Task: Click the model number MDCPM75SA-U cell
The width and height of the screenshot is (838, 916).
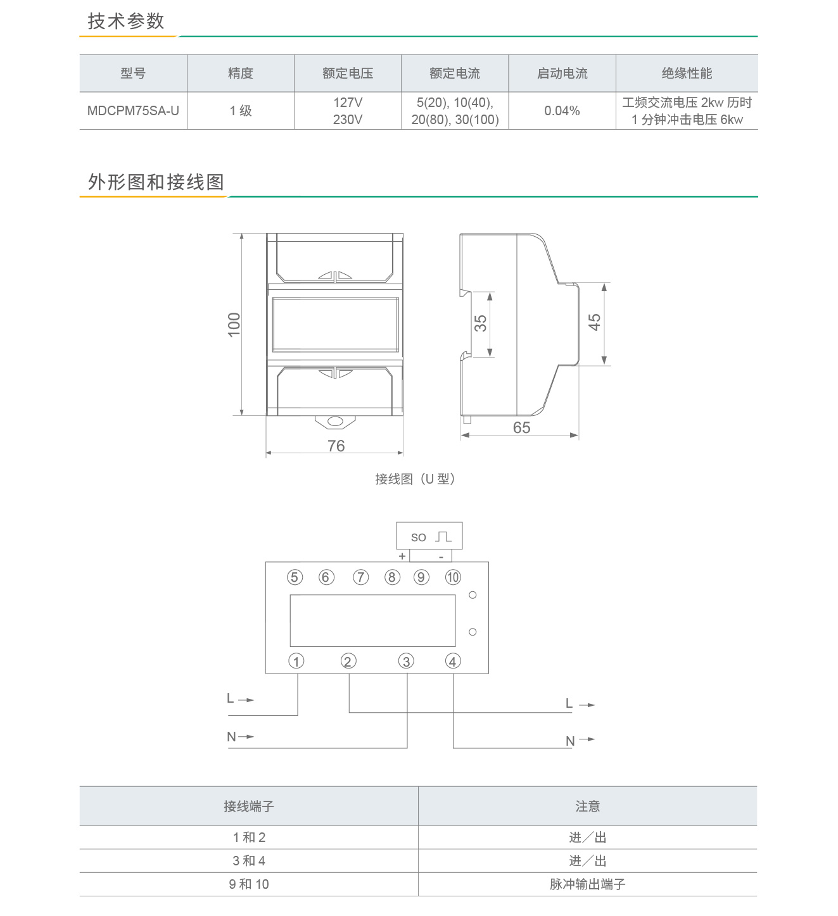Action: (x=133, y=111)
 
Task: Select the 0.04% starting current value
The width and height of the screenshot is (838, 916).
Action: (x=562, y=111)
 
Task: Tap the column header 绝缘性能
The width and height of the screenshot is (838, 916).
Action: (x=687, y=73)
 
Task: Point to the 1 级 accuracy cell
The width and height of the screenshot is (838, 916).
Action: (x=240, y=111)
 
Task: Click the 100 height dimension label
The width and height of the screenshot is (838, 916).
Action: (x=234, y=325)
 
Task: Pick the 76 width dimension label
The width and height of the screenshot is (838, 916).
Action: (x=336, y=446)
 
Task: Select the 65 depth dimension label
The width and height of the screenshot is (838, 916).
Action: (x=521, y=427)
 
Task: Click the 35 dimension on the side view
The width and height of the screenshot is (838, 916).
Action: (x=480, y=323)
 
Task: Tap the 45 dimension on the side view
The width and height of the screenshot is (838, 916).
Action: (x=594, y=322)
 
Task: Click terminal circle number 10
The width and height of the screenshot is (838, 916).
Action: (x=453, y=577)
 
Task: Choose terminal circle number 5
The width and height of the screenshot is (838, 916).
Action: (x=295, y=577)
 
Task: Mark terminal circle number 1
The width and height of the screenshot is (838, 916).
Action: (x=296, y=661)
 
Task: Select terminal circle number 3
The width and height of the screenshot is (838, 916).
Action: (x=406, y=661)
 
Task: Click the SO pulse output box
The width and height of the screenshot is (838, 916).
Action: (x=429, y=536)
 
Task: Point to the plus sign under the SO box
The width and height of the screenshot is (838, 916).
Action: (x=402, y=556)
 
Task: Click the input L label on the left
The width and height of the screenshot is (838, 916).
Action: (x=231, y=698)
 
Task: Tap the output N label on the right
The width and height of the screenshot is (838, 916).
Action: (x=570, y=741)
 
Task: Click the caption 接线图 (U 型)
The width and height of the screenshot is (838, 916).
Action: (x=415, y=479)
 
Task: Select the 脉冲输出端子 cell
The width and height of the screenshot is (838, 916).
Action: (x=587, y=884)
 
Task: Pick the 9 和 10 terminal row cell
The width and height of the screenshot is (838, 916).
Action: (x=248, y=884)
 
